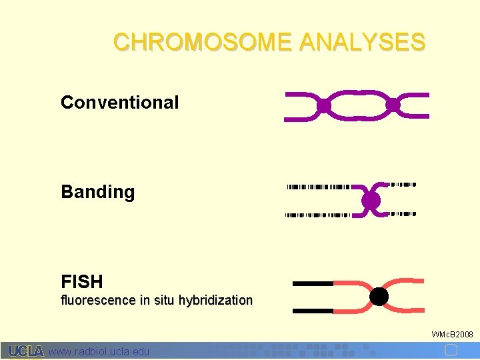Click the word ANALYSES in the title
[x=362, y=42]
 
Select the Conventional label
[x=119, y=103]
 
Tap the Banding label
[x=97, y=192]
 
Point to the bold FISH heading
[x=81, y=281]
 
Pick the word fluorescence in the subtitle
[x=99, y=301]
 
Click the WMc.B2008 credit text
[x=452, y=334]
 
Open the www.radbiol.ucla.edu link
[x=99, y=351]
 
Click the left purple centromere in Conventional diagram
[x=324, y=106]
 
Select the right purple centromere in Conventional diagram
[x=393, y=105]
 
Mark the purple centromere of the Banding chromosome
[x=371, y=200]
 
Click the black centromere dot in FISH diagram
[x=379, y=297]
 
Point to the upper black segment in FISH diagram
[x=313, y=283]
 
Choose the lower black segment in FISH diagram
[x=313, y=311]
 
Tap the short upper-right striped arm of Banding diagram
[x=402, y=184]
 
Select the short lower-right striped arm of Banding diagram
[x=402, y=214]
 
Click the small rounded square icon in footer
[x=451, y=350]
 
